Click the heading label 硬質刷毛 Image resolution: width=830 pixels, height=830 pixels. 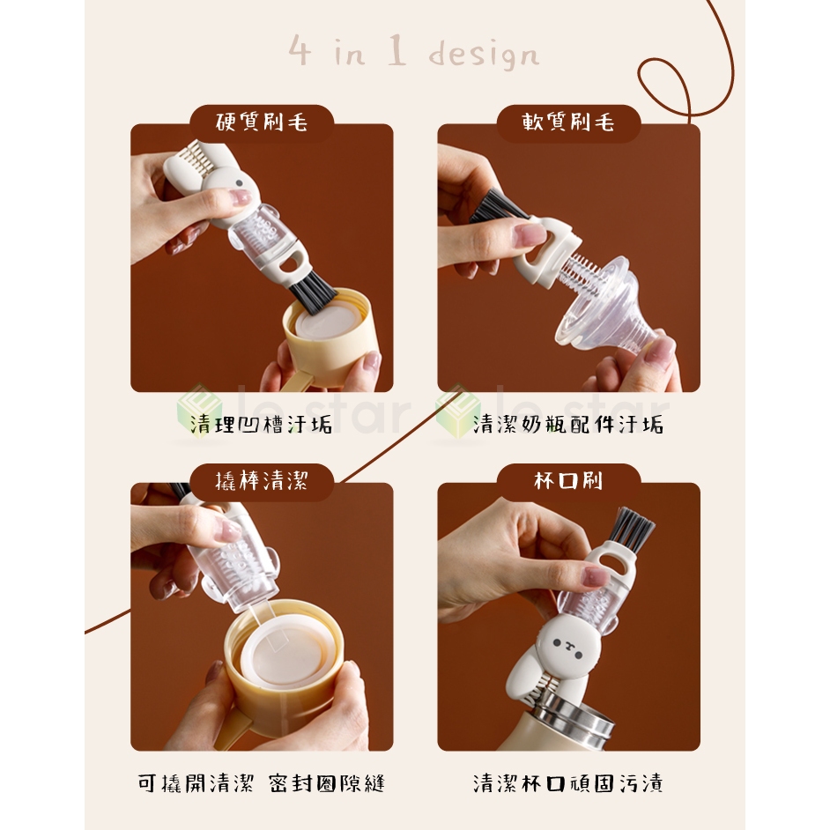[262, 122]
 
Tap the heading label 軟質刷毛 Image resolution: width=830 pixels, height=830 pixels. [568, 122]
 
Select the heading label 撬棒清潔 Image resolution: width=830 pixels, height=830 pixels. [262, 480]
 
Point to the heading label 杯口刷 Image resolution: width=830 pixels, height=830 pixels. [568, 480]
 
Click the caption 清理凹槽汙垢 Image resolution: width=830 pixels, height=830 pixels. [261, 425]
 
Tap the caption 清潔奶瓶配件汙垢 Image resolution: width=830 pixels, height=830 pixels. [568, 425]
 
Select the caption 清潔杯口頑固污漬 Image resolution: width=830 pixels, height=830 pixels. [568, 783]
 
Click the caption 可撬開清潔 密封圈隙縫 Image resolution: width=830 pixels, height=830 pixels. [261, 783]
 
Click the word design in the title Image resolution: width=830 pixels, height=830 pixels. [484, 55]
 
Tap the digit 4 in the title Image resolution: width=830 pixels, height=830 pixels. [300, 51]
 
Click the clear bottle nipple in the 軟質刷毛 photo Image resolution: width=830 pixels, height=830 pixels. [607, 306]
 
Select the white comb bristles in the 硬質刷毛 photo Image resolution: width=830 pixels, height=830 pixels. [193, 153]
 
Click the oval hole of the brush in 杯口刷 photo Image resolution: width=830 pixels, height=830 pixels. [615, 560]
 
